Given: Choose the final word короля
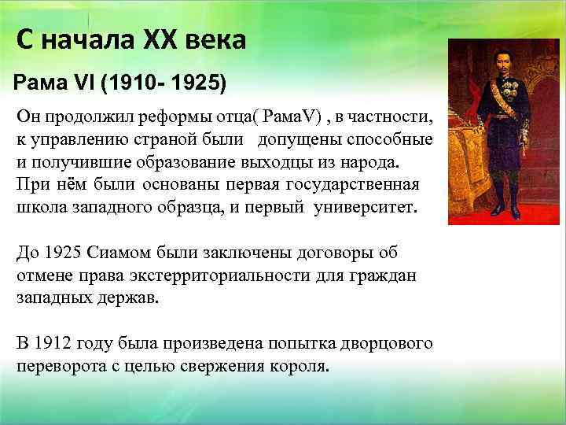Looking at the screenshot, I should point(301,368).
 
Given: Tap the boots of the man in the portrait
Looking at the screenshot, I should point(501,211).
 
